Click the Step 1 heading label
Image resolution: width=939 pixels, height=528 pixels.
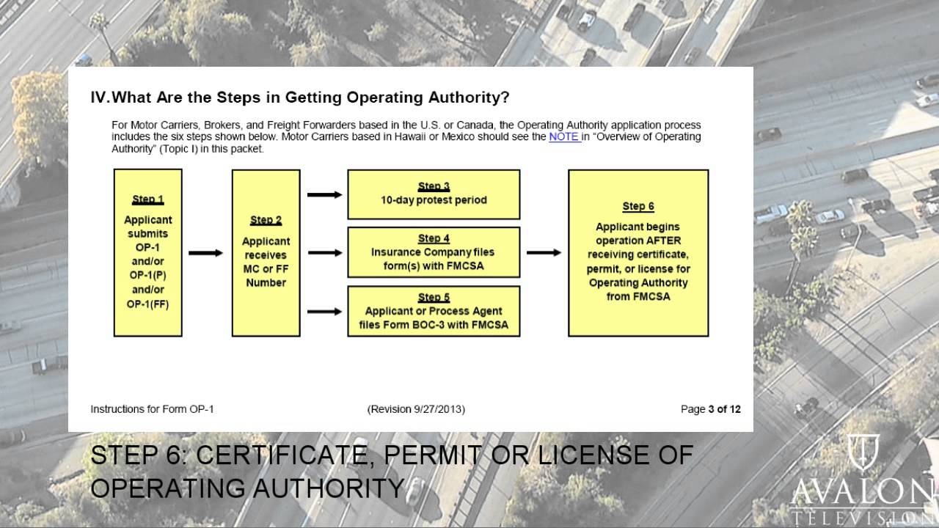pyautogui.click(x=147, y=199)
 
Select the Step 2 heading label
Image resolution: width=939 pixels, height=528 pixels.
pyautogui.click(x=266, y=220)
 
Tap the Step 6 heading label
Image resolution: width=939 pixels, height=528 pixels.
pyautogui.click(x=638, y=207)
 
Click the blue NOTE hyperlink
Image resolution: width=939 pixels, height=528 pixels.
pyautogui.click(x=564, y=136)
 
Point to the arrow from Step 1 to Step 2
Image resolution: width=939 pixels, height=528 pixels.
pyautogui.click(x=206, y=253)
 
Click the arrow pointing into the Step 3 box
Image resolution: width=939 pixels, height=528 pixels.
pyautogui.click(x=324, y=194)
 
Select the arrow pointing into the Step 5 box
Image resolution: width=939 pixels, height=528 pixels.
pyautogui.click(x=324, y=311)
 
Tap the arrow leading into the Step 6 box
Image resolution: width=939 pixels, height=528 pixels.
pyautogui.click(x=544, y=253)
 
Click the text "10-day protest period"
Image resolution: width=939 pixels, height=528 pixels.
pyautogui.click(x=434, y=200)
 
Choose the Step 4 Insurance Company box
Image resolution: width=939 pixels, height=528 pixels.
pyautogui.click(x=434, y=252)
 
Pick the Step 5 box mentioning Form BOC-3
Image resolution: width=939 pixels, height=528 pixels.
pyautogui.click(x=434, y=311)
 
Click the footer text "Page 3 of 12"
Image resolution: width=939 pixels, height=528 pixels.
pyautogui.click(x=710, y=409)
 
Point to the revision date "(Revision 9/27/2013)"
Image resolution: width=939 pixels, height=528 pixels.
pyautogui.click(x=416, y=409)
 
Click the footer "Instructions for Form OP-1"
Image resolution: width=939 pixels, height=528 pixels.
pyautogui.click(x=152, y=409)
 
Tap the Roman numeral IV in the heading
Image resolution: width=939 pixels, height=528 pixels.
pyautogui.click(x=99, y=98)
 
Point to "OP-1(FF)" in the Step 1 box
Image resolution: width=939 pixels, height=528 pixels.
pyautogui.click(x=147, y=304)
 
